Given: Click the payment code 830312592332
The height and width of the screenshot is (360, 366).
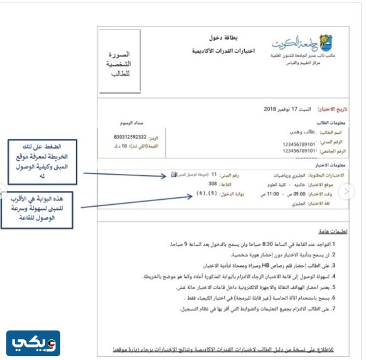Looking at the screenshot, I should [x=131, y=136].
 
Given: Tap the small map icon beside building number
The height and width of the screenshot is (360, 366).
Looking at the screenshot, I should [x=174, y=175].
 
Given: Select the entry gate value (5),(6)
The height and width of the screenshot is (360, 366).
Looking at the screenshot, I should [x=203, y=194].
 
